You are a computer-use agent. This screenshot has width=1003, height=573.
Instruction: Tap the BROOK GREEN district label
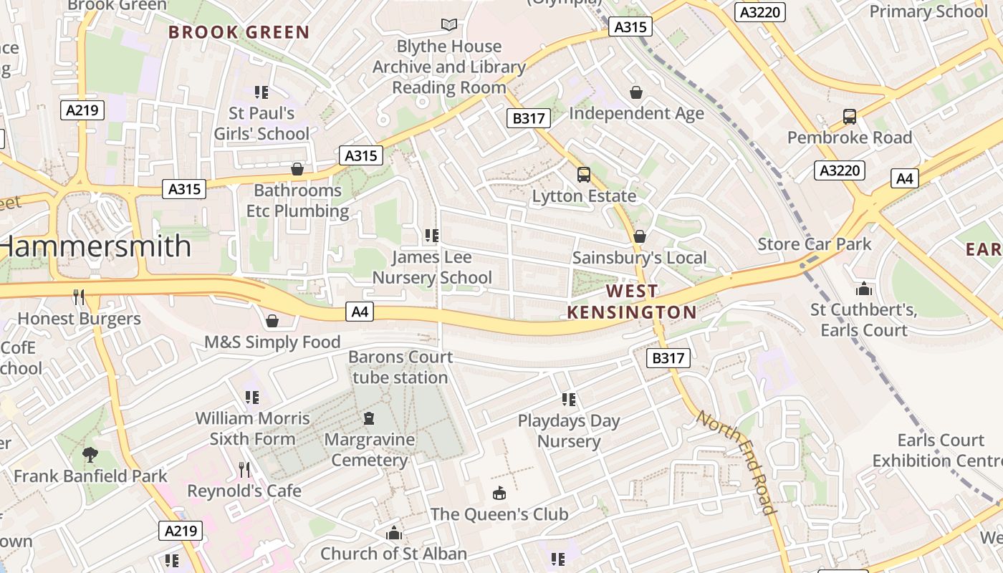coord(239,32)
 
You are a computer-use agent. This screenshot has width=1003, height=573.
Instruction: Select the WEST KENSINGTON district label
coord(631,302)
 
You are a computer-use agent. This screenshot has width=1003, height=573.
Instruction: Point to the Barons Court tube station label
coord(400,367)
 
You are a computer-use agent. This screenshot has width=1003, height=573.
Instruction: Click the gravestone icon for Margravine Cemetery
coord(369,418)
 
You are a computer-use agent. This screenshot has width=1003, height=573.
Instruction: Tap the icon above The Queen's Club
coord(499,493)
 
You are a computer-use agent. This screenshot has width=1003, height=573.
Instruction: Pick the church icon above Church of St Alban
coord(393,533)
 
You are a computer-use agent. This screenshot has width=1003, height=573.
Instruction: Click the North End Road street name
coord(736,462)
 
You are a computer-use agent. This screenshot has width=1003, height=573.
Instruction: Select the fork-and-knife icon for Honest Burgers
coord(79,297)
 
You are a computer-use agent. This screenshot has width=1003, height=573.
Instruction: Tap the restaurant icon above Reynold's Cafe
coord(244,470)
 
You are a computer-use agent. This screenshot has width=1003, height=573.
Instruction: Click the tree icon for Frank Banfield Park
coord(90,454)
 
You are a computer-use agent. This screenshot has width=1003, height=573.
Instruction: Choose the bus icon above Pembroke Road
coord(850,116)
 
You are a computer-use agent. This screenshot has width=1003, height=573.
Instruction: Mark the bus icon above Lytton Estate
coord(584,174)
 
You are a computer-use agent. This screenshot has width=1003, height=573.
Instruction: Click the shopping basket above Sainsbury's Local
coord(640,236)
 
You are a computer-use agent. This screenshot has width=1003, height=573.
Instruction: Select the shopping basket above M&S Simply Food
coord(272,320)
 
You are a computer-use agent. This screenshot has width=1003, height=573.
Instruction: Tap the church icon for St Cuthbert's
coord(864,289)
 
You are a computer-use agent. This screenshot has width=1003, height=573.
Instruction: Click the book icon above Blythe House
coord(449,25)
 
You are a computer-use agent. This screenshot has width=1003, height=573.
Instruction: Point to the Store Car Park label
coord(815,244)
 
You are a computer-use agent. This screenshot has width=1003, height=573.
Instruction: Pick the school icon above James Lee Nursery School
coord(431,235)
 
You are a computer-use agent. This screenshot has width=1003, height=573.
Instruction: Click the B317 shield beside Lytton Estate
coord(529,118)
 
